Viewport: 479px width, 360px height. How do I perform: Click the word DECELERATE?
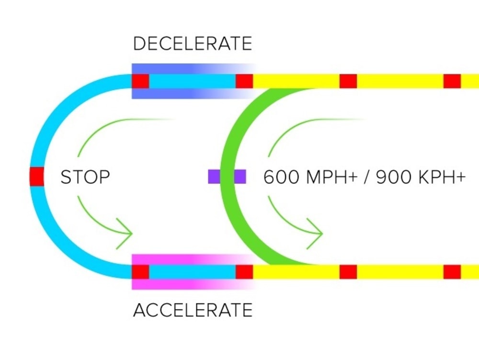click(x=193, y=44)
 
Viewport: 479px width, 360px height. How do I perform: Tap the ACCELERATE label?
click(x=193, y=310)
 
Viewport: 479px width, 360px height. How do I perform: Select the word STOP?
click(x=85, y=177)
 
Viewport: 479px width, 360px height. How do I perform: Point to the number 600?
click(x=281, y=177)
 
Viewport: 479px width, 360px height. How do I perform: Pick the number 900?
click(x=394, y=177)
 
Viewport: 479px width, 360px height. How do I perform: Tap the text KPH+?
click(x=442, y=177)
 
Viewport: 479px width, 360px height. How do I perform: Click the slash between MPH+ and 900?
click(x=367, y=177)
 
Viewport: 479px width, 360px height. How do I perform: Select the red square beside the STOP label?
click(x=37, y=176)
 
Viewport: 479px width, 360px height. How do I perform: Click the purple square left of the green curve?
click(x=214, y=176)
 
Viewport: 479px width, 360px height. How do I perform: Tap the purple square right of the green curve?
click(x=240, y=176)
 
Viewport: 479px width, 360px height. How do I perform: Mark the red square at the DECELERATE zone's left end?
click(x=140, y=81)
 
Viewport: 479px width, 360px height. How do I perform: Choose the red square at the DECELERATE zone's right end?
click(x=244, y=81)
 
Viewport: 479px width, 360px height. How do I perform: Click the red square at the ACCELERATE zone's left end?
click(x=140, y=272)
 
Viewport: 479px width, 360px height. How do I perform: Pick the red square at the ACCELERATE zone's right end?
click(x=244, y=272)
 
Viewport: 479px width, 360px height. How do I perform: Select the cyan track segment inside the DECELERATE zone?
click(x=193, y=81)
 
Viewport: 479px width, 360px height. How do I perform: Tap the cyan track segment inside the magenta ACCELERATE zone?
click(x=193, y=272)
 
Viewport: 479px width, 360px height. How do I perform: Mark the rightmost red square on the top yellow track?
click(x=452, y=81)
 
